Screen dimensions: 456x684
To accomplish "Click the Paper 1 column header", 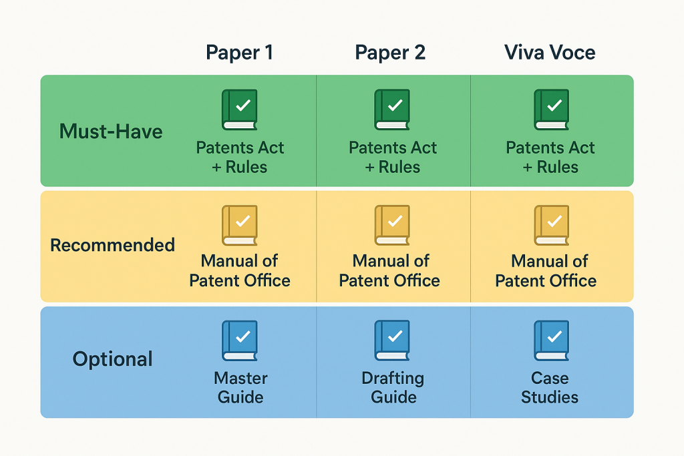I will (x=239, y=53).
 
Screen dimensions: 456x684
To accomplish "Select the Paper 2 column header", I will (x=390, y=53).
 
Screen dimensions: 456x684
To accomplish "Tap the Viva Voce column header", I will (x=550, y=53).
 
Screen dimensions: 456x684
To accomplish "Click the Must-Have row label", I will (x=111, y=132).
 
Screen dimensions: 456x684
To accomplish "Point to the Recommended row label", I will (x=112, y=245).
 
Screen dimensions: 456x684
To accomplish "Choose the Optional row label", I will (x=112, y=359).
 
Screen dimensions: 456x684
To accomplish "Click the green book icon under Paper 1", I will (x=239, y=109).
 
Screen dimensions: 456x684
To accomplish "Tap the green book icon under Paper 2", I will (x=391, y=109).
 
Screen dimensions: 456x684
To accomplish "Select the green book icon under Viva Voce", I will (x=551, y=109).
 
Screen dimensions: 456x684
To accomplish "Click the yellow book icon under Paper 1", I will (x=239, y=225).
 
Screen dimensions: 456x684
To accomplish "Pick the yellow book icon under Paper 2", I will (x=391, y=225).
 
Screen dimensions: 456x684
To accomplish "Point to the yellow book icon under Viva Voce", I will (x=551, y=225).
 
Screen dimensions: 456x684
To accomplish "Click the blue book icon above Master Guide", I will (x=239, y=340).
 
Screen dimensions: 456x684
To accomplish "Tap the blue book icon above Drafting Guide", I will (x=391, y=340).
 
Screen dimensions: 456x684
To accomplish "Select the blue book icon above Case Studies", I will (x=551, y=340).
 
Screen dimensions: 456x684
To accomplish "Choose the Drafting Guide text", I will (x=393, y=387).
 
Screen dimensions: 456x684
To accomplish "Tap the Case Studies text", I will (x=550, y=387).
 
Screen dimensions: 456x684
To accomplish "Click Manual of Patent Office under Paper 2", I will (x=389, y=270).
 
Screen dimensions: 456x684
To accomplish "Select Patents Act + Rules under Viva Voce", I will (x=550, y=157).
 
